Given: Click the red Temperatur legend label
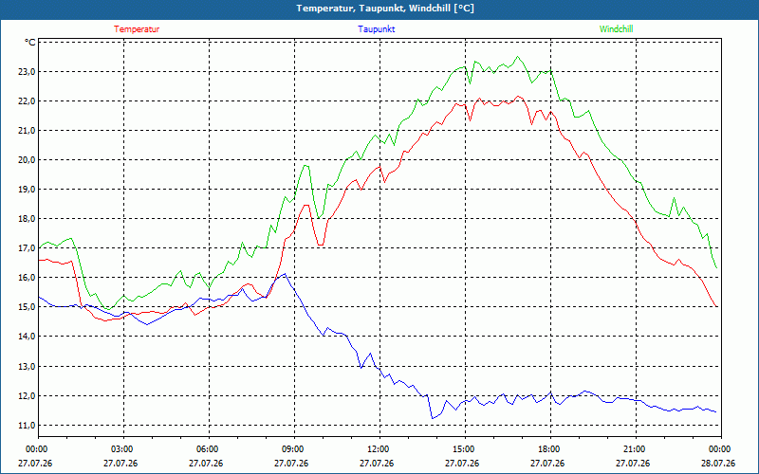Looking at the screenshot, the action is [137, 29].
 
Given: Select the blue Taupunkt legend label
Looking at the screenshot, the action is [376, 29].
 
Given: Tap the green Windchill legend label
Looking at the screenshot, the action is [616, 29].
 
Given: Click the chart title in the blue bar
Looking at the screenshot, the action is [385, 9].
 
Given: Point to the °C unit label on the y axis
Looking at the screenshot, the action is [30, 43].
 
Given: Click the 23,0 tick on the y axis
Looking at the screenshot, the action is [27, 72].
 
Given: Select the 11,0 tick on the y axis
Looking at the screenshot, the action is [27, 426].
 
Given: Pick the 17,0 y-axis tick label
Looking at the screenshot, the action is [27, 248].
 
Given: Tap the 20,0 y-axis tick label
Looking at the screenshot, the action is [27, 160].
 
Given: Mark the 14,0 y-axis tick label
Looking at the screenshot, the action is [27, 337].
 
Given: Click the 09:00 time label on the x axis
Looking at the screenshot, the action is [294, 449].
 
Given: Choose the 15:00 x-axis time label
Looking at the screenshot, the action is [465, 449].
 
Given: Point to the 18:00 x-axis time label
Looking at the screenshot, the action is [550, 449].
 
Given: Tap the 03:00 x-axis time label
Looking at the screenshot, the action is [123, 449].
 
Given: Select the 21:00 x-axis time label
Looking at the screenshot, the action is [635, 449].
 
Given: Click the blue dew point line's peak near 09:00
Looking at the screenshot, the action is [285, 274].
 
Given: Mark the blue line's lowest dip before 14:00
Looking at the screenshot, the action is [433, 418].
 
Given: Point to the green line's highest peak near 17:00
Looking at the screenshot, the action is [517, 57].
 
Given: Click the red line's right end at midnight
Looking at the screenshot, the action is [716, 306].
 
